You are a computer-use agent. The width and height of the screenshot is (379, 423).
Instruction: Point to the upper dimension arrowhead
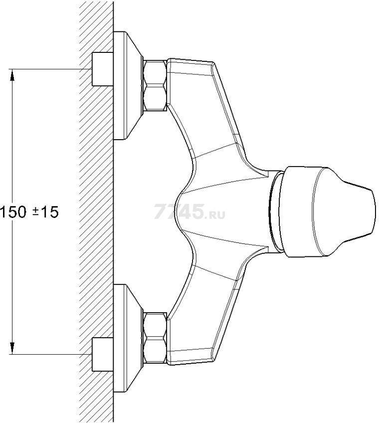pos(12,75)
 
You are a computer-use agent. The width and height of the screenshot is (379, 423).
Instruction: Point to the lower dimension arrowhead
pos(12,348)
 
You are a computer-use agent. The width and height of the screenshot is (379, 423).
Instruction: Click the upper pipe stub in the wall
pos(103,69)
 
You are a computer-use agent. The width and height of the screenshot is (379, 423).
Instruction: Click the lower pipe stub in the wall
pos(103,354)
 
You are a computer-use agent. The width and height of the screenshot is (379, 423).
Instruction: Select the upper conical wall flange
pos(128,85)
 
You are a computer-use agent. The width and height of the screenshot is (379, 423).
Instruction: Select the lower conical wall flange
pos(128,338)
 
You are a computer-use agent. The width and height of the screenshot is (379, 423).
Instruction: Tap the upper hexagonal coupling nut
pos(155,85)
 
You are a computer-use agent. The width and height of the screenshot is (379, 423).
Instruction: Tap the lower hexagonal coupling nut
pos(155,338)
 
